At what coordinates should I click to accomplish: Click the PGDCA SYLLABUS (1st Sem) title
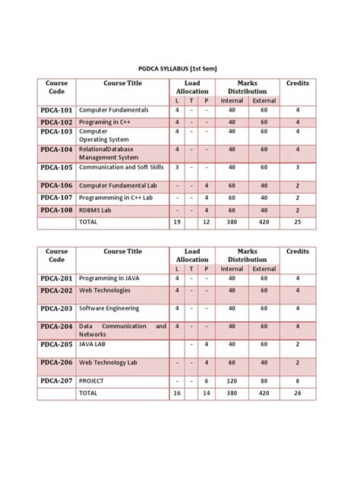point(181,68)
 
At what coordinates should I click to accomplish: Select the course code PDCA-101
point(56,110)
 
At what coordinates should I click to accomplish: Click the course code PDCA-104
point(56,150)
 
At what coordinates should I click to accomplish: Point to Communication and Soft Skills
point(122,167)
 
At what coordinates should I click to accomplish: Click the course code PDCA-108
point(56,210)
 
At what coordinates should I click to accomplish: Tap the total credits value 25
point(298,222)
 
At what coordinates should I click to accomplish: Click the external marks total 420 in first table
point(264,222)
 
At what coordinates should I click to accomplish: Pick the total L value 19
point(176,222)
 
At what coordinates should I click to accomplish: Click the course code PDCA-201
point(56,278)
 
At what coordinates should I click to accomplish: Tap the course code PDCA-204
point(56,327)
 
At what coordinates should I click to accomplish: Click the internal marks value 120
point(232,381)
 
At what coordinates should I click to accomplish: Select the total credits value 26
point(298,393)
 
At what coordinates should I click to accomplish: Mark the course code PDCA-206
point(56,362)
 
